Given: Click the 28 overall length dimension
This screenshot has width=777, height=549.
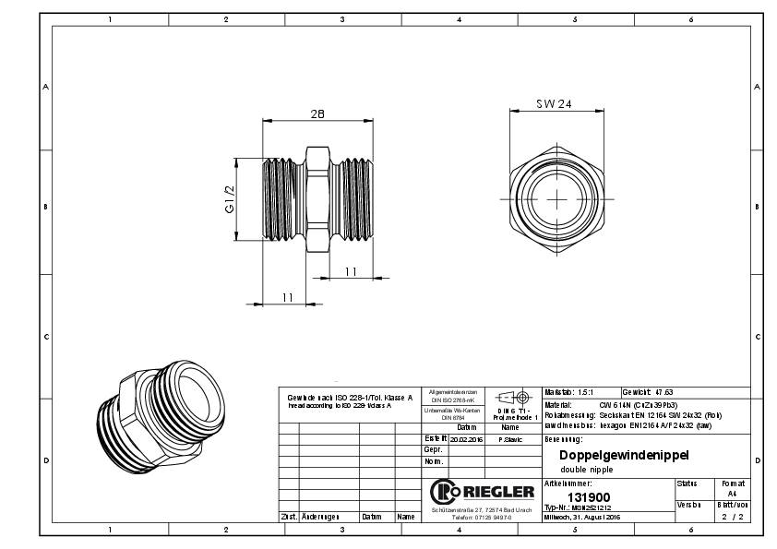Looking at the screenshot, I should tap(317, 113).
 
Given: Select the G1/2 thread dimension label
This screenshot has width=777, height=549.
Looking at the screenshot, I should tap(232, 199).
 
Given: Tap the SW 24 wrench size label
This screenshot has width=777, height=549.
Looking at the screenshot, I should tap(554, 104).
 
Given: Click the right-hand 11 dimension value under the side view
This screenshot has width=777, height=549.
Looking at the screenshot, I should tap(350, 271).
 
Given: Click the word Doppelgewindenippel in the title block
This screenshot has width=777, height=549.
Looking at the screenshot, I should tap(624, 456).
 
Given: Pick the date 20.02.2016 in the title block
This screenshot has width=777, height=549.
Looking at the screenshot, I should tap(466, 439).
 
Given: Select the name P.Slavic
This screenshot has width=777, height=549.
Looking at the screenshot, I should tap(509, 439).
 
